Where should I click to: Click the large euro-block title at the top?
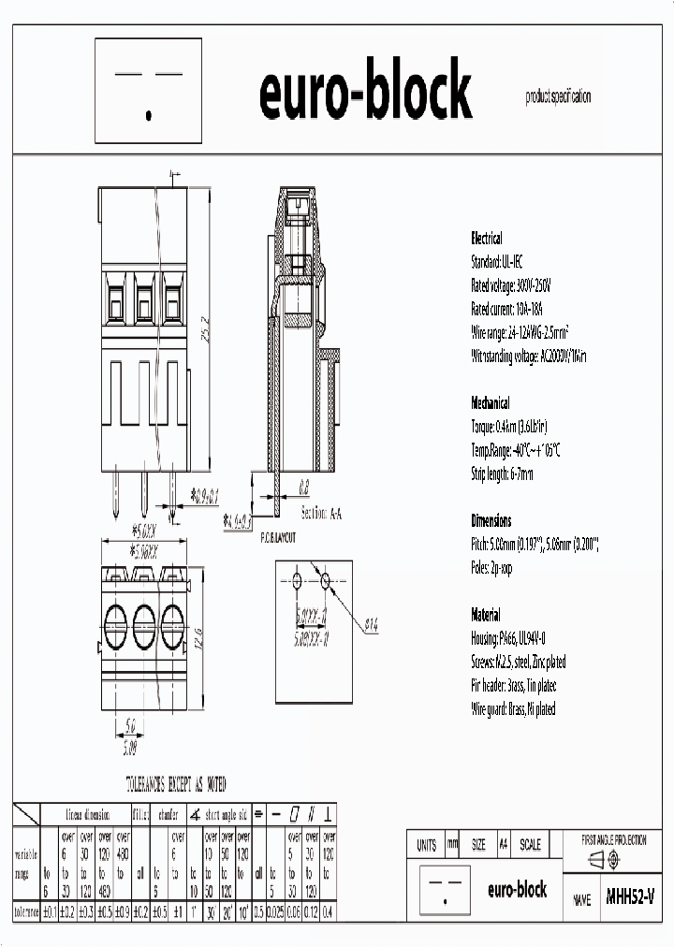(x=365, y=94)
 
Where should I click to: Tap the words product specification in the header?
(x=558, y=96)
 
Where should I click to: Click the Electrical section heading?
(x=486, y=238)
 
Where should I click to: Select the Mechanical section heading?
(x=490, y=403)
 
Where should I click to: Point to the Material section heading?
(x=486, y=615)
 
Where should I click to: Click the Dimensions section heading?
(x=491, y=520)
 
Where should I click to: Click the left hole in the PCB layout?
(x=297, y=581)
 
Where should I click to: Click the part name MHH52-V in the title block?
(x=630, y=896)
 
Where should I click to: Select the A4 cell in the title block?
(x=504, y=844)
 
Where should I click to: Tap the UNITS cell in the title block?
(x=425, y=844)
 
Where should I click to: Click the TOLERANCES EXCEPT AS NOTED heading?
(x=175, y=785)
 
